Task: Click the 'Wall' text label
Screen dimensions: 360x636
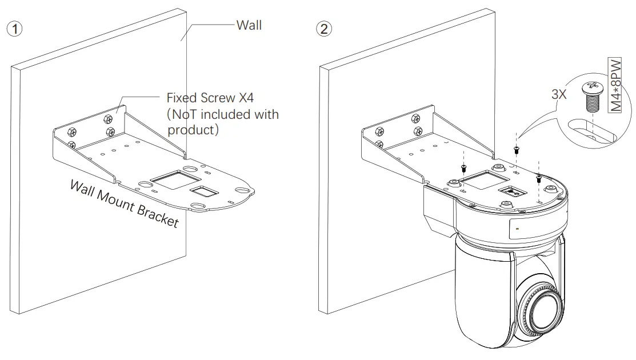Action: (x=249, y=25)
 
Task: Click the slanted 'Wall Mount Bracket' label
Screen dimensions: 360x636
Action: (x=124, y=203)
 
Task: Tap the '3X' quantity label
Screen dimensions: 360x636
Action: (x=559, y=95)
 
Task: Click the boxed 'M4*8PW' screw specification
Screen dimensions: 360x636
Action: (x=615, y=86)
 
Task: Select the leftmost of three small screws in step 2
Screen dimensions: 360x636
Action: (x=462, y=167)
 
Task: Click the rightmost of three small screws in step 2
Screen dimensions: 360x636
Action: (x=539, y=179)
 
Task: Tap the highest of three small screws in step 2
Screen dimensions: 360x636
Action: (x=516, y=150)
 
